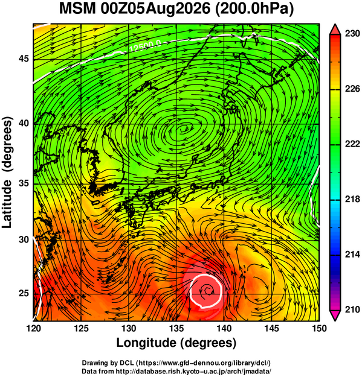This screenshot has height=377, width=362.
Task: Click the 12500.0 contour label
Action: point(146,46)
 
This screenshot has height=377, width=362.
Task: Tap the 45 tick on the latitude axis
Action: point(24,59)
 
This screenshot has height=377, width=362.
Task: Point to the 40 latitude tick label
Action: point(24,123)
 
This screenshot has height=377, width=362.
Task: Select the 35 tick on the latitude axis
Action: point(24,183)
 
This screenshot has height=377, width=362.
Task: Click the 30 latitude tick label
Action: point(24,239)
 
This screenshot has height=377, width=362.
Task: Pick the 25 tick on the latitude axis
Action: point(24,293)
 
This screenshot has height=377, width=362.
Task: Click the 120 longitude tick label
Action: point(33,328)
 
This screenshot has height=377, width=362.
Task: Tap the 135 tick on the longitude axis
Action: point(176,328)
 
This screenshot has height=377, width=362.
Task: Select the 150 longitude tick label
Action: point(319,328)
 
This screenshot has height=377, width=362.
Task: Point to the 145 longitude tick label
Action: point(272,328)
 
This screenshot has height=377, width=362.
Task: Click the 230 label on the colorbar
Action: point(352,34)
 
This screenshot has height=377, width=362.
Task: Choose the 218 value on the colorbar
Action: point(352,199)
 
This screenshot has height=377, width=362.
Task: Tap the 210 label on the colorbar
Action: point(352,309)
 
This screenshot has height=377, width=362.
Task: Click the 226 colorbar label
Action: point(352,89)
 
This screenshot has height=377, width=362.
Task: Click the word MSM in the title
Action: point(77,9)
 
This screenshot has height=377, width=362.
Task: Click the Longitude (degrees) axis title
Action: point(176,343)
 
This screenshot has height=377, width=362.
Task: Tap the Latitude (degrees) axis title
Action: point(7,172)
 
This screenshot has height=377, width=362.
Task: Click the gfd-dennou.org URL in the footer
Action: point(203,363)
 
